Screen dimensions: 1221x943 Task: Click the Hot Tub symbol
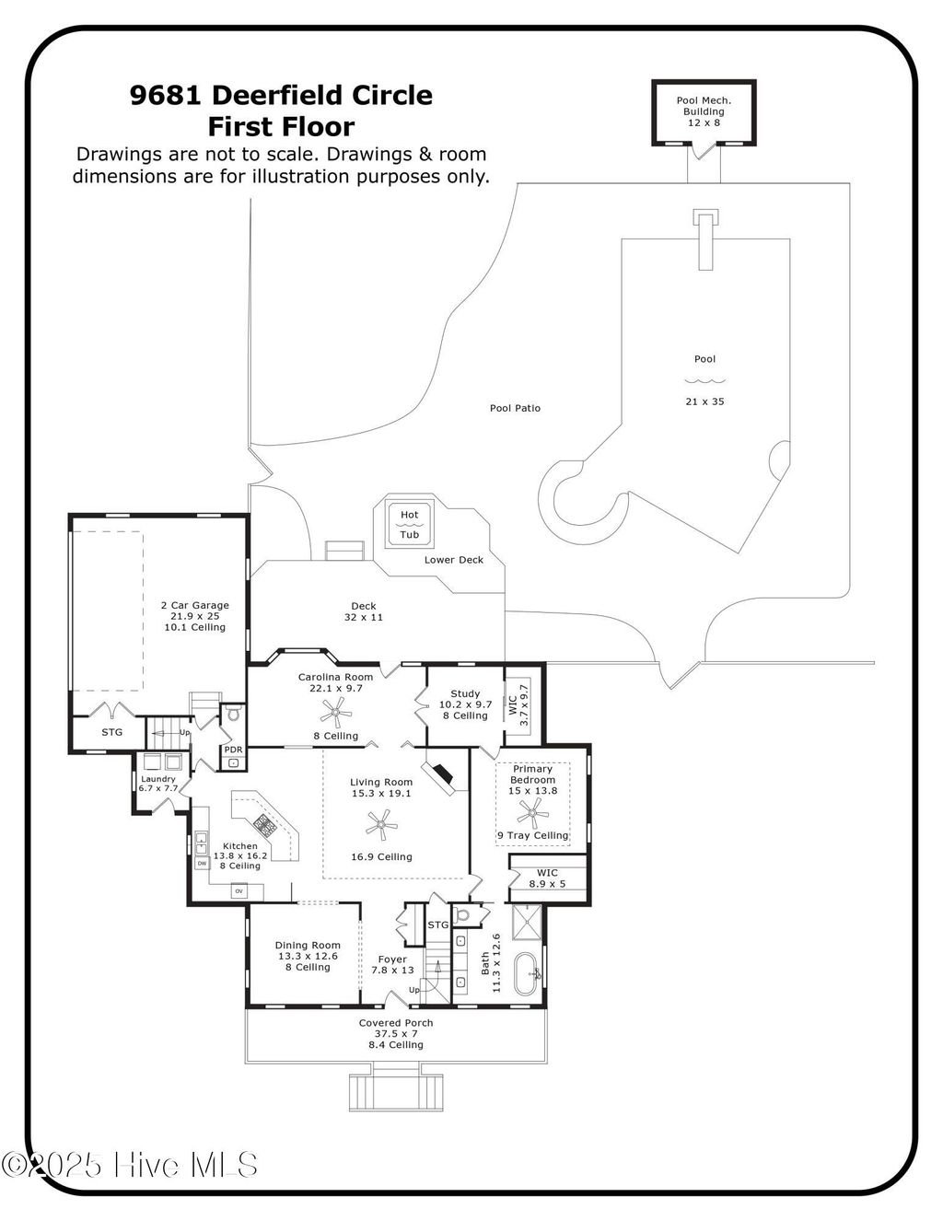pyautogui.click(x=409, y=525)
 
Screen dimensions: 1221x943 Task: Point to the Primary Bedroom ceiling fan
pyautogui.click(x=531, y=812)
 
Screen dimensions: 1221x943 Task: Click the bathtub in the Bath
pyautogui.click(x=528, y=973)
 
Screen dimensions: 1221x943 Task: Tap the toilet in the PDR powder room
pyautogui.click(x=233, y=715)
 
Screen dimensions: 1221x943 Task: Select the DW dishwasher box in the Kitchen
pyautogui.click(x=201, y=863)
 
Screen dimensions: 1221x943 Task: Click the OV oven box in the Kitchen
pyautogui.click(x=238, y=890)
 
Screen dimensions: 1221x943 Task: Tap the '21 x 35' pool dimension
pyautogui.click(x=704, y=401)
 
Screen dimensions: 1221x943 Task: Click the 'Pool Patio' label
pyautogui.click(x=515, y=407)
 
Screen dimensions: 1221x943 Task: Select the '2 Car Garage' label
pyautogui.click(x=194, y=605)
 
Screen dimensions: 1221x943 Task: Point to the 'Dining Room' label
pyautogui.click(x=308, y=945)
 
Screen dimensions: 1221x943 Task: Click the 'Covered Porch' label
pyautogui.click(x=396, y=1023)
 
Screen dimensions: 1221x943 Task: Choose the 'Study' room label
pyautogui.click(x=465, y=693)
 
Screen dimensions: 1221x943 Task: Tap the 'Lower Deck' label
pyautogui.click(x=453, y=559)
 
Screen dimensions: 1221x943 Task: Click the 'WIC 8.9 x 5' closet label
pyautogui.click(x=547, y=878)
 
